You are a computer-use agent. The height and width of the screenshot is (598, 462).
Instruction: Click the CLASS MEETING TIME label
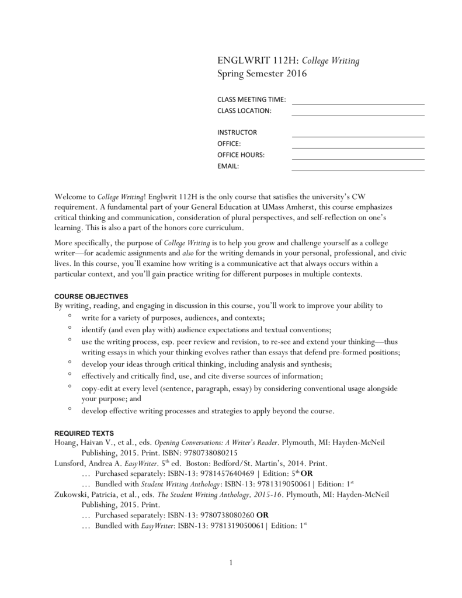[251, 100]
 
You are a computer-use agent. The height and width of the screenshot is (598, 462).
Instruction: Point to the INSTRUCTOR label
[237, 133]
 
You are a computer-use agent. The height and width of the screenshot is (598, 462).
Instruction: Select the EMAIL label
[228, 166]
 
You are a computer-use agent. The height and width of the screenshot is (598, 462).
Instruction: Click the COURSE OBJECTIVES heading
[91, 296]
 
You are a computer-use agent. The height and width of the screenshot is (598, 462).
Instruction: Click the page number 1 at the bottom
[231, 562]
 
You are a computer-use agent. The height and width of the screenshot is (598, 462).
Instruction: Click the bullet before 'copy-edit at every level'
[70, 387]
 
